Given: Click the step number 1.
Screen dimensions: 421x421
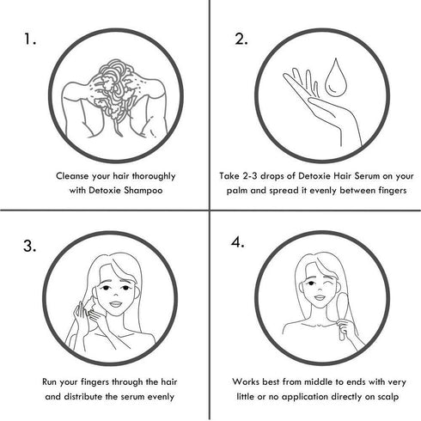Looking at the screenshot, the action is point(29,40).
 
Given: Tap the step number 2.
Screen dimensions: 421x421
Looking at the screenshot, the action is point(241,40).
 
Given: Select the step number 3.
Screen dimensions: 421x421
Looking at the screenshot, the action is point(30,246).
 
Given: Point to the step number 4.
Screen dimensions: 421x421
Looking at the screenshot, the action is point(237,242).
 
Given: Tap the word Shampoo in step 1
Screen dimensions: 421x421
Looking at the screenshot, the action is point(143,191).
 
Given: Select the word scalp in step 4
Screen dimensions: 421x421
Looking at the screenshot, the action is point(387,397).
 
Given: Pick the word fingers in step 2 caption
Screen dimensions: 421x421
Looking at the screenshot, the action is point(393,191).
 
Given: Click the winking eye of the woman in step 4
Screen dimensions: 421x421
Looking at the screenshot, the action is point(330,283).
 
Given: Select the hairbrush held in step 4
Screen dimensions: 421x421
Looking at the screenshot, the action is point(342,315).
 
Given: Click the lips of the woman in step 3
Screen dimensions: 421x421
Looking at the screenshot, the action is point(116,304).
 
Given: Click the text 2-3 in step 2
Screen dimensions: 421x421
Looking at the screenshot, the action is point(250,176).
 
